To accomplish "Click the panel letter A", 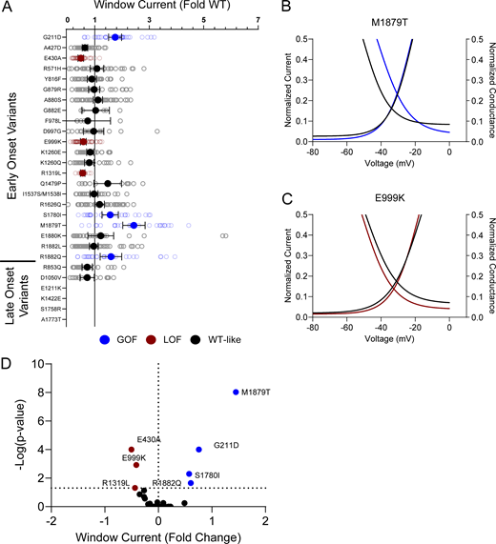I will pyautogui.click(x=7, y=8).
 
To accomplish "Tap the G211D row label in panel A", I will pyautogui.click(x=52, y=36).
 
